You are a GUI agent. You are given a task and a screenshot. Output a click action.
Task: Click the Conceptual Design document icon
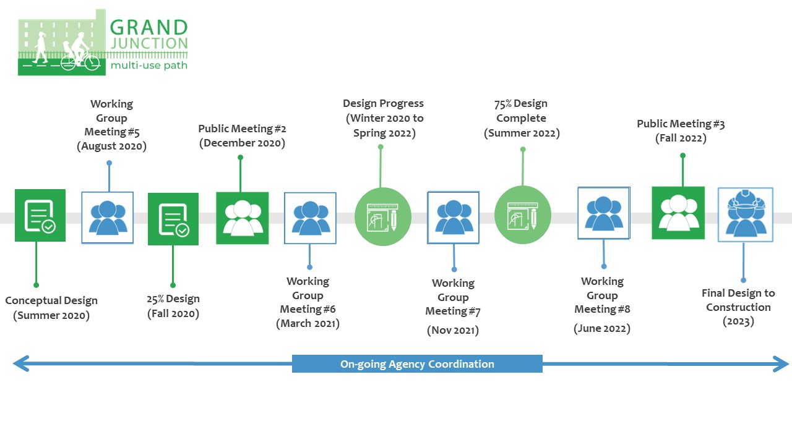pos(40,216)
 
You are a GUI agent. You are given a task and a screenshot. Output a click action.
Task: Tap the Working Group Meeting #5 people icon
pos(108,218)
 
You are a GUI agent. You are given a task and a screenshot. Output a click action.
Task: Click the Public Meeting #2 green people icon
pos(242,218)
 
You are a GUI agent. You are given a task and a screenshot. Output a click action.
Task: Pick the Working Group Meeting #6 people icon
pos(310,218)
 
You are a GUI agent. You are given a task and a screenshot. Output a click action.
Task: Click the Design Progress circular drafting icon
pos(383,217)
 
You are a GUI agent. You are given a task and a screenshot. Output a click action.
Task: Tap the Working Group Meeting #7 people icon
pos(453,218)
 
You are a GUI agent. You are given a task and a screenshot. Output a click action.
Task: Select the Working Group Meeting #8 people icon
pos(603,213)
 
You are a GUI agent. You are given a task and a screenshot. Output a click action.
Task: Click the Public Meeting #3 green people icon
pos(678,213)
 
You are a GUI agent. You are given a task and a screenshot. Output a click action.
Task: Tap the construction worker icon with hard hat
pos(745,214)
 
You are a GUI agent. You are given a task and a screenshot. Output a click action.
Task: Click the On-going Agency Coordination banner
pos(417,364)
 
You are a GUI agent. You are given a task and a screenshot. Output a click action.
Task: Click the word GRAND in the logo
pos(148,28)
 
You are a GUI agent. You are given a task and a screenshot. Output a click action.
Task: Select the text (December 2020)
pos(242,143)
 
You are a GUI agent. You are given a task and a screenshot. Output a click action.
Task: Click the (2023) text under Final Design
pos(738,321)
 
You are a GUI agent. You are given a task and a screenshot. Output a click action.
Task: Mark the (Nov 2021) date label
pos(453,330)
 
